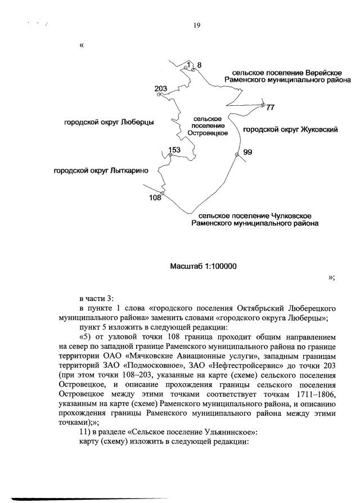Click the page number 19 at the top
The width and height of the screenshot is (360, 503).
coord(197,25)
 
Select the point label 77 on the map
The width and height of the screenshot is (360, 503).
coord(270,107)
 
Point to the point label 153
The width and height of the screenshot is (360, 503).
coord(174,149)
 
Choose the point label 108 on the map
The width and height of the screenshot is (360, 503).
coord(155,197)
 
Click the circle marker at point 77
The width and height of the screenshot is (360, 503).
coord(263,104)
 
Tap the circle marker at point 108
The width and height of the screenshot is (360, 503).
coord(162,194)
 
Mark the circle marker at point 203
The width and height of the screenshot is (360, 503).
coord(159,95)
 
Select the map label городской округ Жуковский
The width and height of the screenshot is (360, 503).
coord(290,129)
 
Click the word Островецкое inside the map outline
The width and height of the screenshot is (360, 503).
coord(207,133)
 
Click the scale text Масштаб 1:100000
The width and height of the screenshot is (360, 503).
coord(203,266)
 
